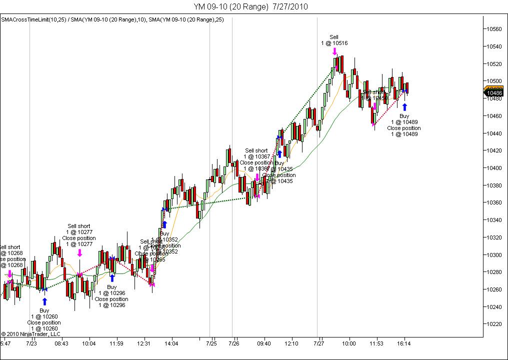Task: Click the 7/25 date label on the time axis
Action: click(211, 343)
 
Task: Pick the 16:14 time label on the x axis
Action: click(404, 343)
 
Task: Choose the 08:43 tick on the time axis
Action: click(61, 343)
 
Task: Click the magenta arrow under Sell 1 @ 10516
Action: click(334, 51)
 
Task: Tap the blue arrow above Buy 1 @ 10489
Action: click(404, 106)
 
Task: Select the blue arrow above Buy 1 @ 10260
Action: click(44, 301)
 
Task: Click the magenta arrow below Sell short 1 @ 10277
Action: click(79, 253)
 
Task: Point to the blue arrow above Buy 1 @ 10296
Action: click(112, 278)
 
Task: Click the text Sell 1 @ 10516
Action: click(334, 40)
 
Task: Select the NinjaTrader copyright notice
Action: click(30, 333)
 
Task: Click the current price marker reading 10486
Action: click(494, 93)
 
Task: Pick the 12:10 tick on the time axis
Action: click(291, 343)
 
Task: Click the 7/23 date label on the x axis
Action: click(31, 343)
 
